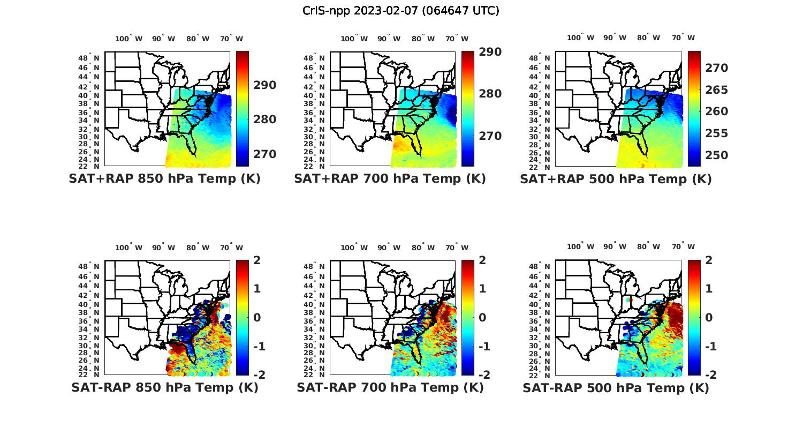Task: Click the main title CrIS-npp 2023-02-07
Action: click(401, 11)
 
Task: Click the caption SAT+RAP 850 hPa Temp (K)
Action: click(164, 179)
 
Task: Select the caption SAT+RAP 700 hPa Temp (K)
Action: click(390, 179)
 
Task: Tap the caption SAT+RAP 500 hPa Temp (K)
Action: click(616, 179)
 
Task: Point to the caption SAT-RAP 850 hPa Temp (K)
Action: click(164, 387)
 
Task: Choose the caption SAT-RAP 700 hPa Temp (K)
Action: click(390, 387)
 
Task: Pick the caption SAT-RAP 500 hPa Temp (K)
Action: click(616, 387)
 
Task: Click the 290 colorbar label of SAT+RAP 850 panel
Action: click(264, 85)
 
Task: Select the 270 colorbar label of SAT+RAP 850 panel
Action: click(264, 154)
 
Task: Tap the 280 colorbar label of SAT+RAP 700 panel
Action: click(490, 94)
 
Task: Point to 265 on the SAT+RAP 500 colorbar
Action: click(716, 90)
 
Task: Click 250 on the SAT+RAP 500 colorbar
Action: click(716, 155)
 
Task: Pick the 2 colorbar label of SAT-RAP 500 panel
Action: click(712, 260)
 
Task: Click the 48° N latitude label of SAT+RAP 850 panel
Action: click(89, 58)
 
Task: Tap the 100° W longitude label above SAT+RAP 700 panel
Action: click(354, 39)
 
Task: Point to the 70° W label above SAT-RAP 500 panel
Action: click(684, 247)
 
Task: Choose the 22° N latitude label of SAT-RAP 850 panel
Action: click(89, 374)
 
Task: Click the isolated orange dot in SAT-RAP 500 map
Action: click(631, 300)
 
